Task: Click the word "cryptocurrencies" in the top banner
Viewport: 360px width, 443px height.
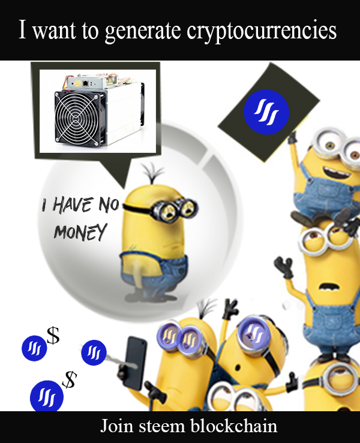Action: tap(262, 31)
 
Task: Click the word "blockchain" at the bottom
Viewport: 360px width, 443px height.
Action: tap(233, 426)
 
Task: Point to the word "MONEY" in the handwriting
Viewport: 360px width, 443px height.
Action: tap(80, 231)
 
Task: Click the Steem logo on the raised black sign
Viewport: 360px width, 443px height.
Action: tap(266, 112)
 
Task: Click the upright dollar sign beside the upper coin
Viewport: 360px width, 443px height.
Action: tap(53, 335)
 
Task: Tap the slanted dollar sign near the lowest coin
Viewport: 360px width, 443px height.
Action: tap(70, 379)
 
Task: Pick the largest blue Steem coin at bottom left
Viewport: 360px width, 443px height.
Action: tap(47, 396)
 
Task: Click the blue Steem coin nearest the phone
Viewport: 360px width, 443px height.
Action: tap(94, 352)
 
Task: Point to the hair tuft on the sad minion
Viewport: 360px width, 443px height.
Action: tap(153, 173)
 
